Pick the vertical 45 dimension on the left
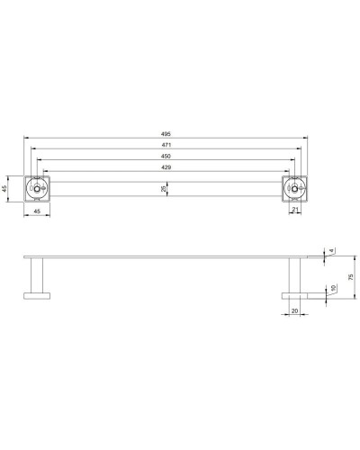pos(6,189)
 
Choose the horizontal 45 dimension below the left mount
pos(36,211)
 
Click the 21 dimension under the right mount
pos(295,211)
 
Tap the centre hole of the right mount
pos(295,189)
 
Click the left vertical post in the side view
pos(37,274)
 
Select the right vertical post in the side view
pos(295,274)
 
